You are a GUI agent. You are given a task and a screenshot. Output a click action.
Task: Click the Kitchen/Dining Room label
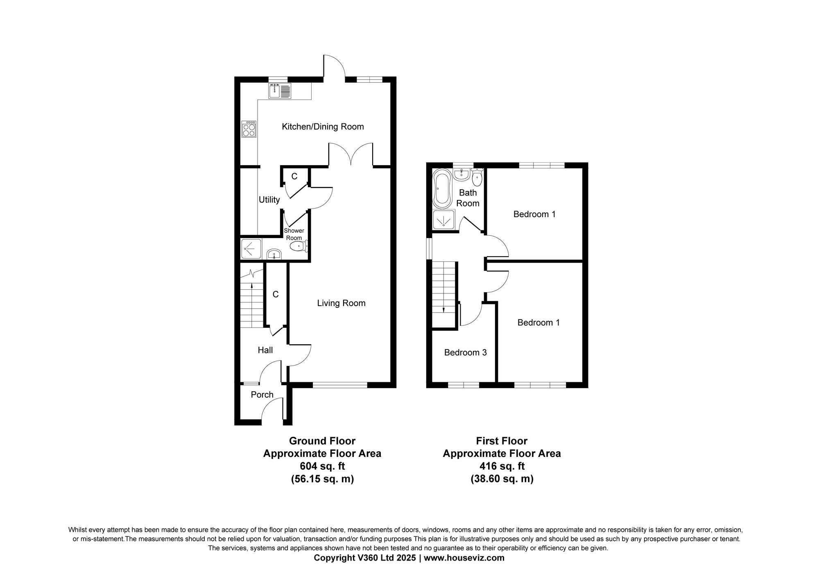323,127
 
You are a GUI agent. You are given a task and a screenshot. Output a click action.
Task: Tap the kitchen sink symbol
280,91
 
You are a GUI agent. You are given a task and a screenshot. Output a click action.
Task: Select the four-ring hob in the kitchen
249,129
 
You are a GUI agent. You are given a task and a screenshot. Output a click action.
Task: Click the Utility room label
269,200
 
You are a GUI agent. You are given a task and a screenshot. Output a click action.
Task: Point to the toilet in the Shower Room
298,247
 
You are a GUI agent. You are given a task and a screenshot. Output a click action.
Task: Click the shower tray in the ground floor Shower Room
251,248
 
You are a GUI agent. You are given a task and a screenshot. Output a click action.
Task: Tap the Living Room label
341,303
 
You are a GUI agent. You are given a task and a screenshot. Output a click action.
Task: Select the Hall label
265,350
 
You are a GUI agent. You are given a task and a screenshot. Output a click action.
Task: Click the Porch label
262,395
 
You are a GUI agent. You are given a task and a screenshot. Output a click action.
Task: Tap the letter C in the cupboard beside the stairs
276,294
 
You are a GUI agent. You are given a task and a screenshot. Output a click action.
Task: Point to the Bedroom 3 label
465,352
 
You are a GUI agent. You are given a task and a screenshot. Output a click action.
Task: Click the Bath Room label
468,198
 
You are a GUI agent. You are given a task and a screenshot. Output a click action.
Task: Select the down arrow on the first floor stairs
444,309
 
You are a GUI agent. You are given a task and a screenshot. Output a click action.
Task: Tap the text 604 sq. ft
322,466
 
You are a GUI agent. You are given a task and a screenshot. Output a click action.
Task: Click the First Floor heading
501,441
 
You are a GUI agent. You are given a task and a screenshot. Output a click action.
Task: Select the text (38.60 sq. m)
502,479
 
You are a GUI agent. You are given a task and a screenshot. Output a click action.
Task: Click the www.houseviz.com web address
464,558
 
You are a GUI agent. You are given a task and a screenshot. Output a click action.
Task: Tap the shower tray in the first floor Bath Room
443,221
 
